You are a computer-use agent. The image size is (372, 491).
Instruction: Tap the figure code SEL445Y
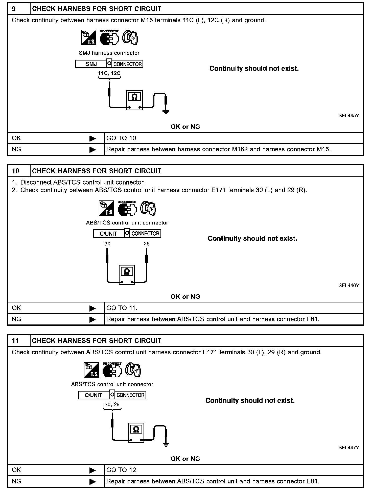pyautogui.click(x=348, y=116)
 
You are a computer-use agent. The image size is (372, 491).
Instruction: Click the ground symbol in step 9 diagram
pyautogui.click(x=166, y=112)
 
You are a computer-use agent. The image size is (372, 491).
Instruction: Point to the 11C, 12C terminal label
pyautogui.click(x=109, y=73)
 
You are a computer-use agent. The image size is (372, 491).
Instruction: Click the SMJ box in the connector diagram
pyautogui.click(x=91, y=64)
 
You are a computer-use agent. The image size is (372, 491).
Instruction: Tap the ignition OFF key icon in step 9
pyautogui.click(x=130, y=38)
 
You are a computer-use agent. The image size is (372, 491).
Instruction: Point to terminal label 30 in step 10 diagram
pyautogui.click(x=107, y=244)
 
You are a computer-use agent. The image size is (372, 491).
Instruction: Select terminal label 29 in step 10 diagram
pyautogui.click(x=147, y=244)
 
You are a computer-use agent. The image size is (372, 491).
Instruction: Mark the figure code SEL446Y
pyautogui.click(x=348, y=285)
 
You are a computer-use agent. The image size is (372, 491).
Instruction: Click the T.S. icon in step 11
pyautogui.click(x=91, y=370)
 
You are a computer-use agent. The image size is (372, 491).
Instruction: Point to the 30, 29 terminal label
pyautogui.click(x=112, y=404)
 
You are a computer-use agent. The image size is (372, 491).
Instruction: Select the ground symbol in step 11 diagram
pyautogui.click(x=166, y=444)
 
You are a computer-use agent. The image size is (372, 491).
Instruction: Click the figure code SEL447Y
pyautogui.click(x=348, y=447)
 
